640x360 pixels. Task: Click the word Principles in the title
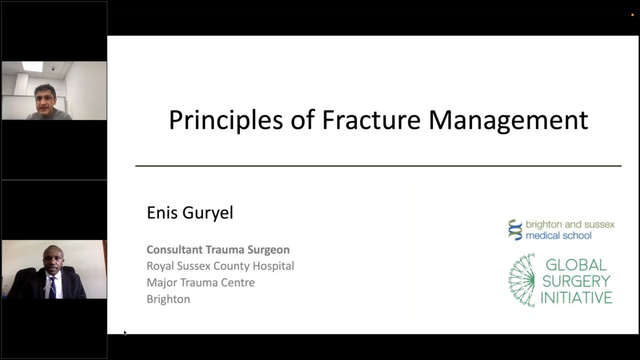[x=226, y=121]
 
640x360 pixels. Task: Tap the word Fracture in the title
[x=371, y=120]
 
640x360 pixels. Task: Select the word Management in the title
[x=508, y=121]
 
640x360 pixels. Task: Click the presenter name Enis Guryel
[x=190, y=213]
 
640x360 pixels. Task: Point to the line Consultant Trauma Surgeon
[x=218, y=250]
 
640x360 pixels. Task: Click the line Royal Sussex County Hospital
[x=220, y=266]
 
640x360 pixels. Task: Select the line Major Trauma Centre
[x=201, y=283]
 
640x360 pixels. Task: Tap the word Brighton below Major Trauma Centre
[x=169, y=299]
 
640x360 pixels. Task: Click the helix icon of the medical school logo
[x=515, y=230]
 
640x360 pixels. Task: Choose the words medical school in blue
[x=558, y=236]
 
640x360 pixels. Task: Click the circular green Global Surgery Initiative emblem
[x=522, y=281]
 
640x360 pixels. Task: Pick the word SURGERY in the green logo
[x=577, y=281]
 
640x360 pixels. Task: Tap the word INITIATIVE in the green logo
[x=577, y=298]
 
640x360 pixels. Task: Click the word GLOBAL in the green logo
[x=576, y=265]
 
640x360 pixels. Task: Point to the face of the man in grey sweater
[x=45, y=102]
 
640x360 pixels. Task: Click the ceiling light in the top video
[x=33, y=66]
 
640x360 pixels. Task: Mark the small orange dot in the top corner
[x=633, y=15]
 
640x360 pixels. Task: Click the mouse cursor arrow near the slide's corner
[x=125, y=333]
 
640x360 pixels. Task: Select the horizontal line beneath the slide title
[x=378, y=166]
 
